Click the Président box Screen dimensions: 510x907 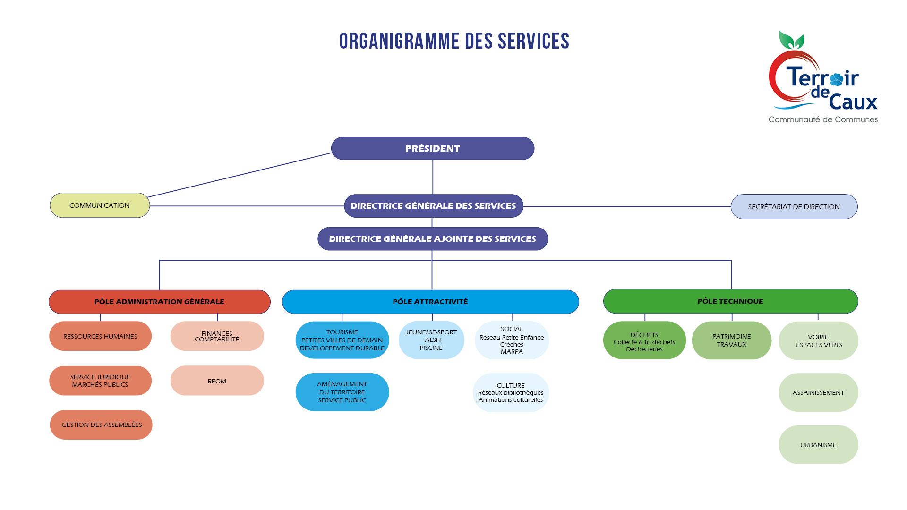pyautogui.click(x=432, y=148)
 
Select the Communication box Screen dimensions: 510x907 pyautogui.click(x=100, y=205)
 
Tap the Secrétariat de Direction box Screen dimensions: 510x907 pyautogui.click(x=794, y=206)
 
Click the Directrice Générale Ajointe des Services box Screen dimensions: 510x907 pyautogui.click(x=432, y=239)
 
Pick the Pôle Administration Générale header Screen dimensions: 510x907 pyautogui.click(x=159, y=302)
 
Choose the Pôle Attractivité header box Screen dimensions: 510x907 pyautogui.click(x=430, y=302)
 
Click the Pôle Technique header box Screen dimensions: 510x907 pyautogui.click(x=730, y=301)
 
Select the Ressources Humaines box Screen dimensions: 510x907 pyautogui.click(x=100, y=336)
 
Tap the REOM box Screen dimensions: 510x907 pyautogui.click(x=217, y=381)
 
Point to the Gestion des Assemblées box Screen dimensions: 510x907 pyautogui.click(x=101, y=425)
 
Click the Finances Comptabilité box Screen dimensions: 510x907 pyautogui.click(x=217, y=336)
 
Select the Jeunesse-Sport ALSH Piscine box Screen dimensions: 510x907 pyautogui.click(x=431, y=340)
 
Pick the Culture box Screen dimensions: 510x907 pyautogui.click(x=511, y=392)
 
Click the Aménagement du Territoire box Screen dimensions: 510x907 pyautogui.click(x=342, y=392)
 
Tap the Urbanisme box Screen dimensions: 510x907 pyautogui.click(x=818, y=445)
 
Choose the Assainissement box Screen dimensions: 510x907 pyautogui.click(x=818, y=392)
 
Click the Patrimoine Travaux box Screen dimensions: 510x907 pyautogui.click(x=731, y=340)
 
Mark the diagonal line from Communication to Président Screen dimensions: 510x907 pyautogui.click(x=240, y=175)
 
